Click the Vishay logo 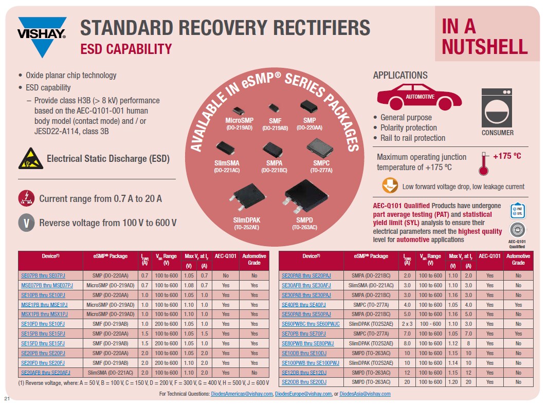42,36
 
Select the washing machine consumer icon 497,107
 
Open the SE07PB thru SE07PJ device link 43,275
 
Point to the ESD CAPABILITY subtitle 126,49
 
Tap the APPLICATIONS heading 400,76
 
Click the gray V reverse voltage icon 26,223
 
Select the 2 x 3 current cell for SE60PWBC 407,324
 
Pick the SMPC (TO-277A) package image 317,150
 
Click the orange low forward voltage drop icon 390,186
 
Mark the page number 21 7,399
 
